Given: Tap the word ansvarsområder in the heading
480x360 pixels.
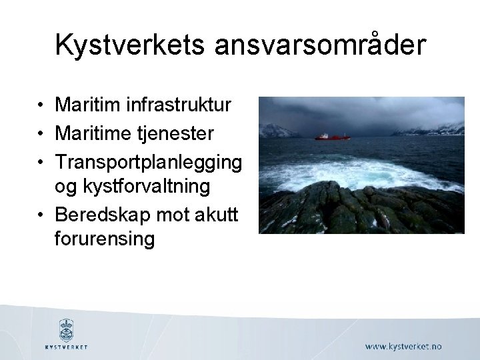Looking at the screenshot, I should (320, 45).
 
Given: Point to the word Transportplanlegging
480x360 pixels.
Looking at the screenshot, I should (148, 163).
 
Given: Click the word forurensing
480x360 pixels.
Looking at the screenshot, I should (105, 238).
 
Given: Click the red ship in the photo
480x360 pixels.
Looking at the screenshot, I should (332, 137).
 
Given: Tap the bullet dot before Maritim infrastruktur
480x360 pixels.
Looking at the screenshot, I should (41, 105).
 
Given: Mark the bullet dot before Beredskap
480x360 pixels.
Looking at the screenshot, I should (41, 215).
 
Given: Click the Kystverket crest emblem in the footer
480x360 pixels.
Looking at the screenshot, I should (66, 329).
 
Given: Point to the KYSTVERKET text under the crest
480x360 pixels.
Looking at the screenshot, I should (66, 347).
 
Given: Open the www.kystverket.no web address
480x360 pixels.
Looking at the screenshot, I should (403, 346).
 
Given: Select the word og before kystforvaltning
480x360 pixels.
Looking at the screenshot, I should (65, 187).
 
